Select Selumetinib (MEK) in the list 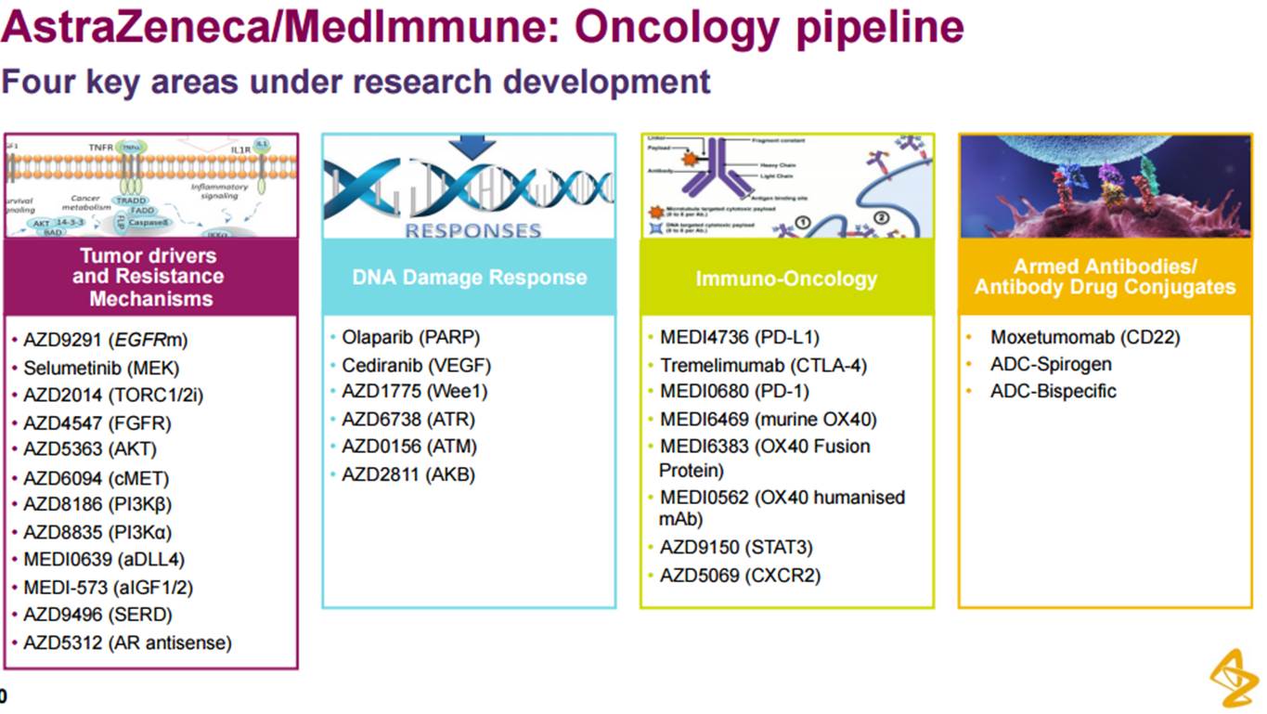click(101, 369)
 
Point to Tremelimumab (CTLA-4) click(763, 365)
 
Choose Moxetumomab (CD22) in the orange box click(1084, 337)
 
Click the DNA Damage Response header click(469, 278)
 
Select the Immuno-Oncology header click(786, 278)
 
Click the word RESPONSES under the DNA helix click(472, 230)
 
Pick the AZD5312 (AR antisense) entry click(127, 643)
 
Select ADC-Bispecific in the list click(1053, 391)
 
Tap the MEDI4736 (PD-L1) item click(739, 338)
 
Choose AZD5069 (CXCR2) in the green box click(740, 576)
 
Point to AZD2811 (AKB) click(407, 474)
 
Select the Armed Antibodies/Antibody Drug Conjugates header click(1105, 277)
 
